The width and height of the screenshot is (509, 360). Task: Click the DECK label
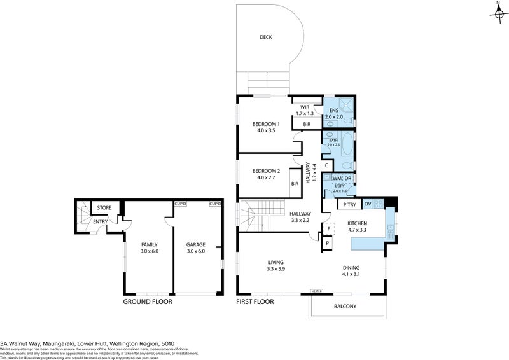[x=265, y=37]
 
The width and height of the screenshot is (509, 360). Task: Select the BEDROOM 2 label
[x=266, y=170]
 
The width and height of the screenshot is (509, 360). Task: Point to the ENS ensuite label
[x=333, y=111]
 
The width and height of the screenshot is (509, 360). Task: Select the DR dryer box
[x=349, y=179]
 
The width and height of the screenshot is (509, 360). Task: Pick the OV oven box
[x=367, y=204]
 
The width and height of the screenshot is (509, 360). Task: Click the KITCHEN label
[x=357, y=223]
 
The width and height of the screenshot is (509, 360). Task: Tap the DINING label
[x=353, y=268]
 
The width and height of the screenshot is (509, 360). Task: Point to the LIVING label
[x=275, y=262]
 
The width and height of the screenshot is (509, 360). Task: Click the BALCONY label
[x=345, y=307]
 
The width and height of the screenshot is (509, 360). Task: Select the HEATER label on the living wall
[x=317, y=291]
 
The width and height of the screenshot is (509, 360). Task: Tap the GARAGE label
[x=195, y=244]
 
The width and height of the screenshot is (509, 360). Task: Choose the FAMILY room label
[x=149, y=244]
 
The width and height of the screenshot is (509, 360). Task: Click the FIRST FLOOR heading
[x=254, y=302]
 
